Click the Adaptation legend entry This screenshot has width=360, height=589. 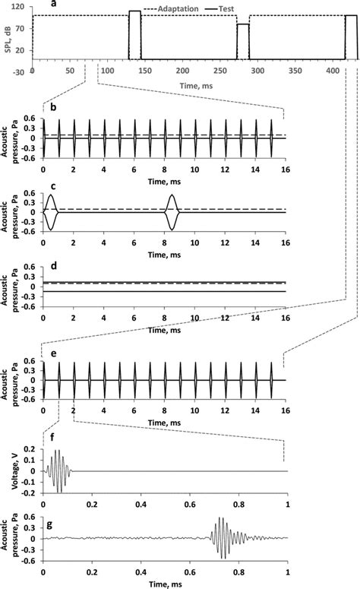click(170, 8)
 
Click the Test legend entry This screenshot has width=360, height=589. click(222, 8)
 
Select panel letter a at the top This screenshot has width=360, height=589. click(54, 4)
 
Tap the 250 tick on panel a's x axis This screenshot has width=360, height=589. click(220, 71)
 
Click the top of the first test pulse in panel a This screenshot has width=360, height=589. click(134, 11)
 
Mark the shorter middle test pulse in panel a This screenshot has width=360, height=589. click(243, 41)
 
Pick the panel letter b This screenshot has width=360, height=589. click(54, 107)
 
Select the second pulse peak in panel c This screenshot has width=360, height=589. click(172, 195)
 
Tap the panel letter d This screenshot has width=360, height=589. click(54, 265)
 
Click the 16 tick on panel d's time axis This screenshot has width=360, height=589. click(286, 318)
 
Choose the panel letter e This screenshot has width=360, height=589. click(54, 353)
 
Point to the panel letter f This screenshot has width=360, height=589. click(52, 437)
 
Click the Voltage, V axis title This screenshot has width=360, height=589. click(16, 470)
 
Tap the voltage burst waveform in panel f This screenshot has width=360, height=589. click(58, 471)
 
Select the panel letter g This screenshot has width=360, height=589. click(49, 524)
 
